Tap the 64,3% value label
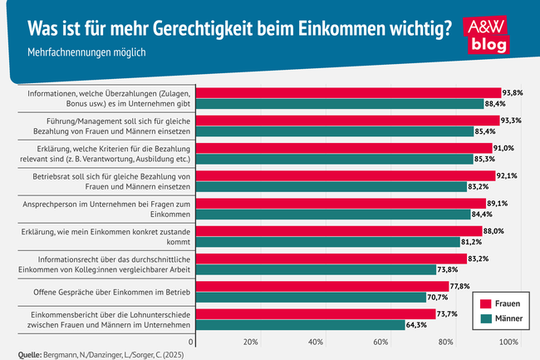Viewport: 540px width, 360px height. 418,324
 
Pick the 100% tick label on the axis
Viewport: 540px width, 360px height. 508,342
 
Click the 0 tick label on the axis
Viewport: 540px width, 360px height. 192,342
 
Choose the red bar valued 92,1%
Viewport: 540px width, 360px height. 347,175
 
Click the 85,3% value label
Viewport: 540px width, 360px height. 487,158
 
